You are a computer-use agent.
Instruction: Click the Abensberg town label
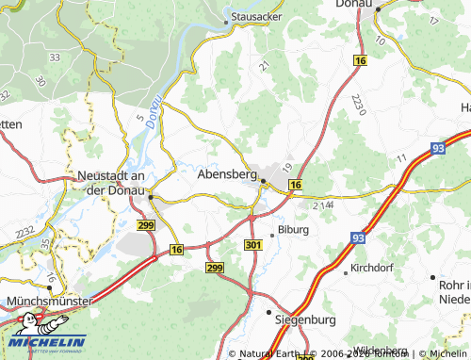(x=227, y=174)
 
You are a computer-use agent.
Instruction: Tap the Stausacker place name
(x=257, y=17)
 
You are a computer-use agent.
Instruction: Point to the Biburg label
(x=292, y=229)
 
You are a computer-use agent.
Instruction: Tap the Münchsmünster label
(x=49, y=301)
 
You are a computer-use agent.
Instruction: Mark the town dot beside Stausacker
(x=226, y=18)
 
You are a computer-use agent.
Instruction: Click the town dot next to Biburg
(x=271, y=230)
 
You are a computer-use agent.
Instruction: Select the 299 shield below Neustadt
(x=145, y=226)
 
